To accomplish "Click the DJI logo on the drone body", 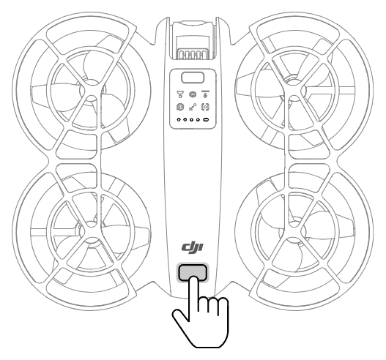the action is pos(193,247).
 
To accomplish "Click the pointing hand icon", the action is pos(201,312).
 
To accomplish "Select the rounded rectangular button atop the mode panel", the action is pos(193,78).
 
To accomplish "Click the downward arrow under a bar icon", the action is pos(205,94).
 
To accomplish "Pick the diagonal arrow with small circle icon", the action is pos(193,107).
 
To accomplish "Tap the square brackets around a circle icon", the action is pos(205,107).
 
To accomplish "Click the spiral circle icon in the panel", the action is pos(180,107).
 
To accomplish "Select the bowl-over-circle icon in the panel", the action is pos(180,94).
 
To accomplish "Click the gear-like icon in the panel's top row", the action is pos(193,94).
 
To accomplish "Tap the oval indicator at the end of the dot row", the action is pos(206,120).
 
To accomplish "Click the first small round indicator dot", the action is pos(179,120).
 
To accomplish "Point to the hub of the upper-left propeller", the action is pos(91,91).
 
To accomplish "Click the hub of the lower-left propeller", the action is pos(91,231).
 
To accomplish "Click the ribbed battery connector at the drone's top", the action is pos(193,54).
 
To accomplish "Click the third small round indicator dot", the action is pos(192,120).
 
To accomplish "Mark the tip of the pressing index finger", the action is pos(194,278).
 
